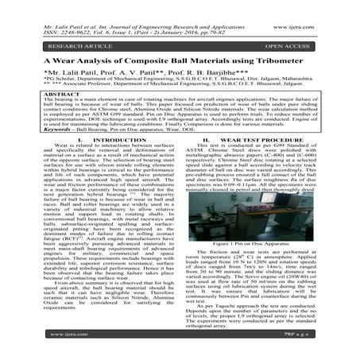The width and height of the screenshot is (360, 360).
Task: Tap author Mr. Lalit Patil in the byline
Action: tap(56, 72)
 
